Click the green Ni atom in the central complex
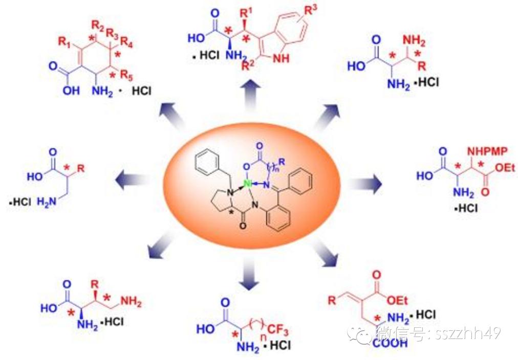[247, 183]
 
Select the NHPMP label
[483, 151]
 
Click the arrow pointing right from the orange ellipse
[367, 183]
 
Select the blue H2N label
[45, 202]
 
